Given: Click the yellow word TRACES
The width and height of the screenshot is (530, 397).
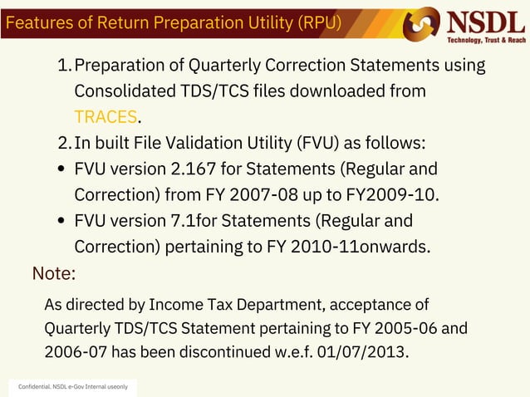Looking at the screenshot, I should click(x=105, y=116).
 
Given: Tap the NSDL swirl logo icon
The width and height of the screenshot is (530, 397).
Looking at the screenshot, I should click(x=421, y=24).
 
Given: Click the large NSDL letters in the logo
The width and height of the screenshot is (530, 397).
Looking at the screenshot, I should click(x=487, y=21).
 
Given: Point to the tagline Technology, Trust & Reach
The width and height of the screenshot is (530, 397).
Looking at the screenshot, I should click(x=487, y=40).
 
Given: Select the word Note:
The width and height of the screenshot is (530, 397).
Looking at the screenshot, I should click(x=54, y=273).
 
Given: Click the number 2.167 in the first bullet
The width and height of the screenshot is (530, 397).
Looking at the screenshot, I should click(x=194, y=169).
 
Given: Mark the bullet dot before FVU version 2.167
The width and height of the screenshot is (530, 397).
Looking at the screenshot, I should click(x=62, y=170).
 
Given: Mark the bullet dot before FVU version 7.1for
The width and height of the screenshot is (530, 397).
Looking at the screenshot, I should click(x=62, y=222).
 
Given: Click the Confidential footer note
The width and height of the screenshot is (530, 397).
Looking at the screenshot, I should click(x=73, y=388).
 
